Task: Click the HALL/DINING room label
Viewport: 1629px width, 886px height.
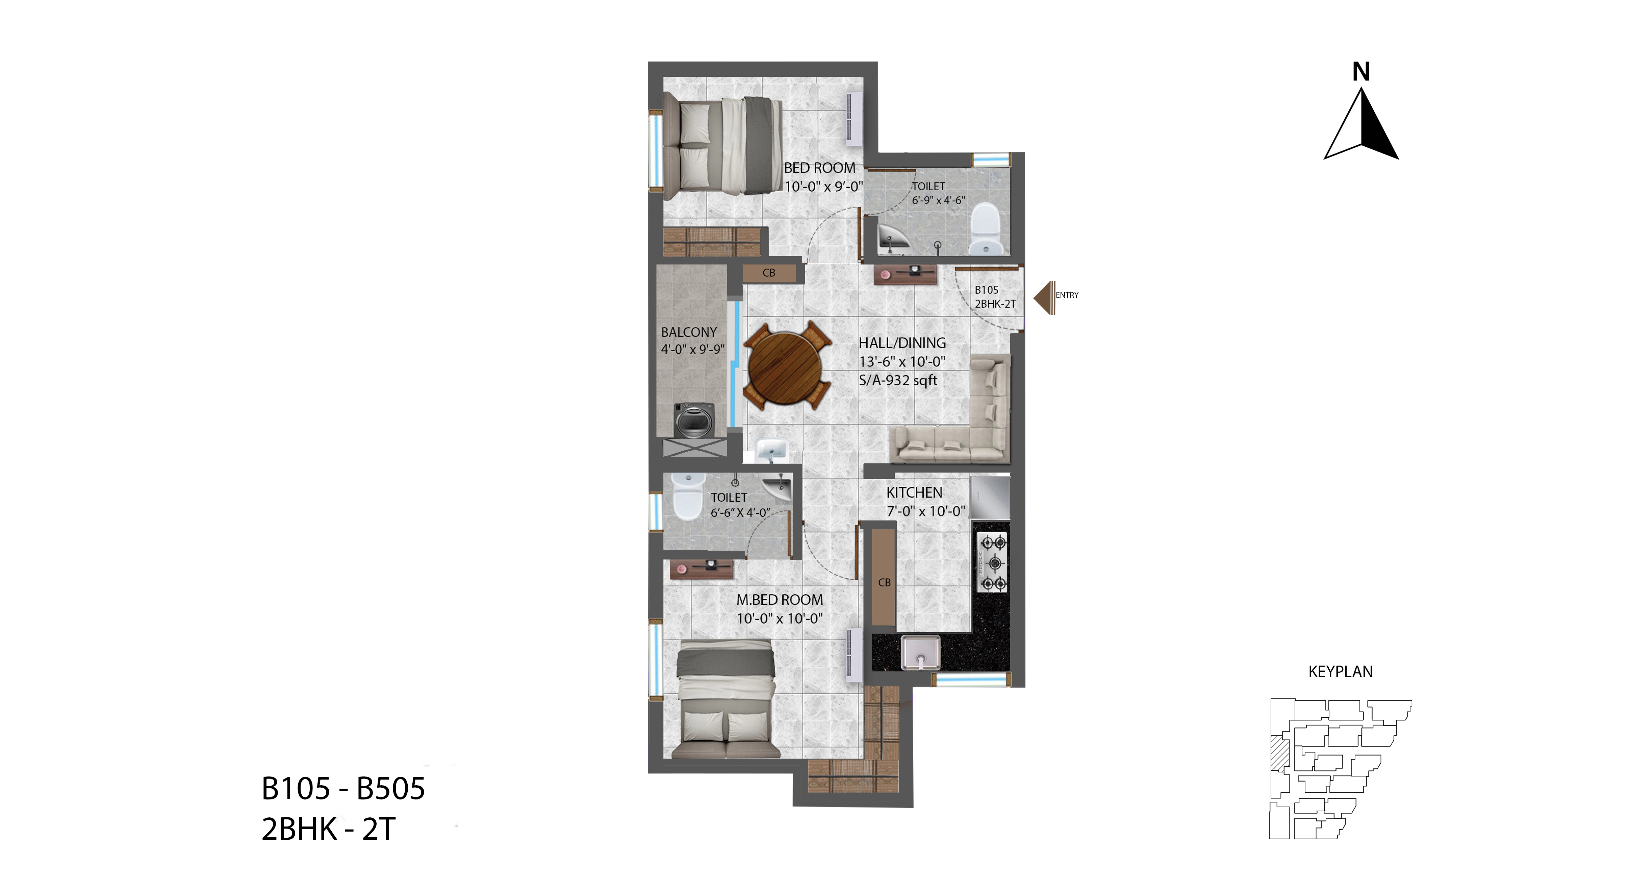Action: (x=902, y=343)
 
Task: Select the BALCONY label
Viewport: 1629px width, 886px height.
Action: (x=689, y=332)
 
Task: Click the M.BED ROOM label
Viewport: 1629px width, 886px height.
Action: (x=780, y=600)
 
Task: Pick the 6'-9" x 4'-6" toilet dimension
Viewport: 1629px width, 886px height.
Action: (x=938, y=200)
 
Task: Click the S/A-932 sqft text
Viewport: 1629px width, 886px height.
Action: (x=898, y=380)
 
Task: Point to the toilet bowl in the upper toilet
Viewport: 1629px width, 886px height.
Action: (x=985, y=228)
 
